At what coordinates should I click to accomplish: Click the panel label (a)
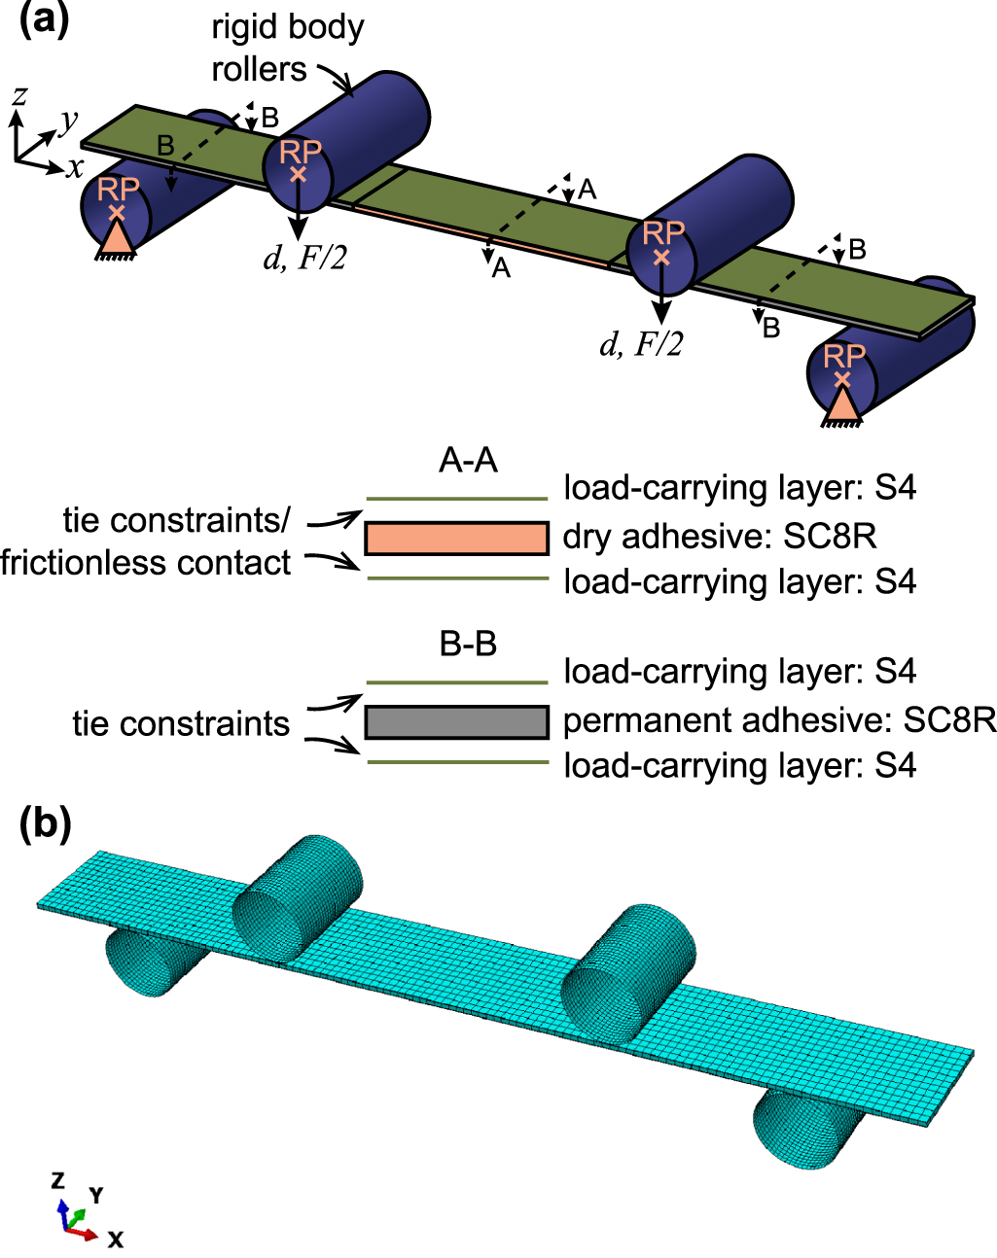(44, 21)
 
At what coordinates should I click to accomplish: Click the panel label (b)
(45, 823)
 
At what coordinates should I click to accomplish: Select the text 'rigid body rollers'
(286, 48)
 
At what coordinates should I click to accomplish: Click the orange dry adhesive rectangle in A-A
(456, 538)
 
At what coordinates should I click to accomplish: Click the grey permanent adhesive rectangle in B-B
(456, 722)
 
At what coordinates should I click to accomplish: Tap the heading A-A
(468, 461)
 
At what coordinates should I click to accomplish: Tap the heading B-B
(468, 645)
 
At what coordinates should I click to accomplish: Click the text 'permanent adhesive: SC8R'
(779, 720)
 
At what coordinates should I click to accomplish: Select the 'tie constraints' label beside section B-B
(181, 724)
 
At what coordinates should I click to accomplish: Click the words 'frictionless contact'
(146, 563)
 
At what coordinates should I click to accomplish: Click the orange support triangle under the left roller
(116, 238)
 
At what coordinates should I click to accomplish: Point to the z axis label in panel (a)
(18, 94)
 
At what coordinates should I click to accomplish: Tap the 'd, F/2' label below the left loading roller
(304, 258)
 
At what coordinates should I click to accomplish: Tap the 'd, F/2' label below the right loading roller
(641, 344)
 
